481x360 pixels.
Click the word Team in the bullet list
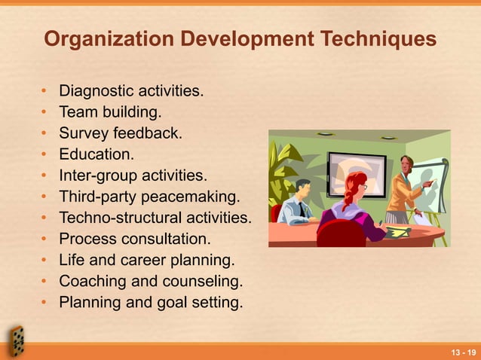point(76,114)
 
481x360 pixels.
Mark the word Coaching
point(92,282)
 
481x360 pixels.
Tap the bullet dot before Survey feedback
point(45,135)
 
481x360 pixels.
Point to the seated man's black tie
point(302,209)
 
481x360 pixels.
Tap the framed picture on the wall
point(355,172)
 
